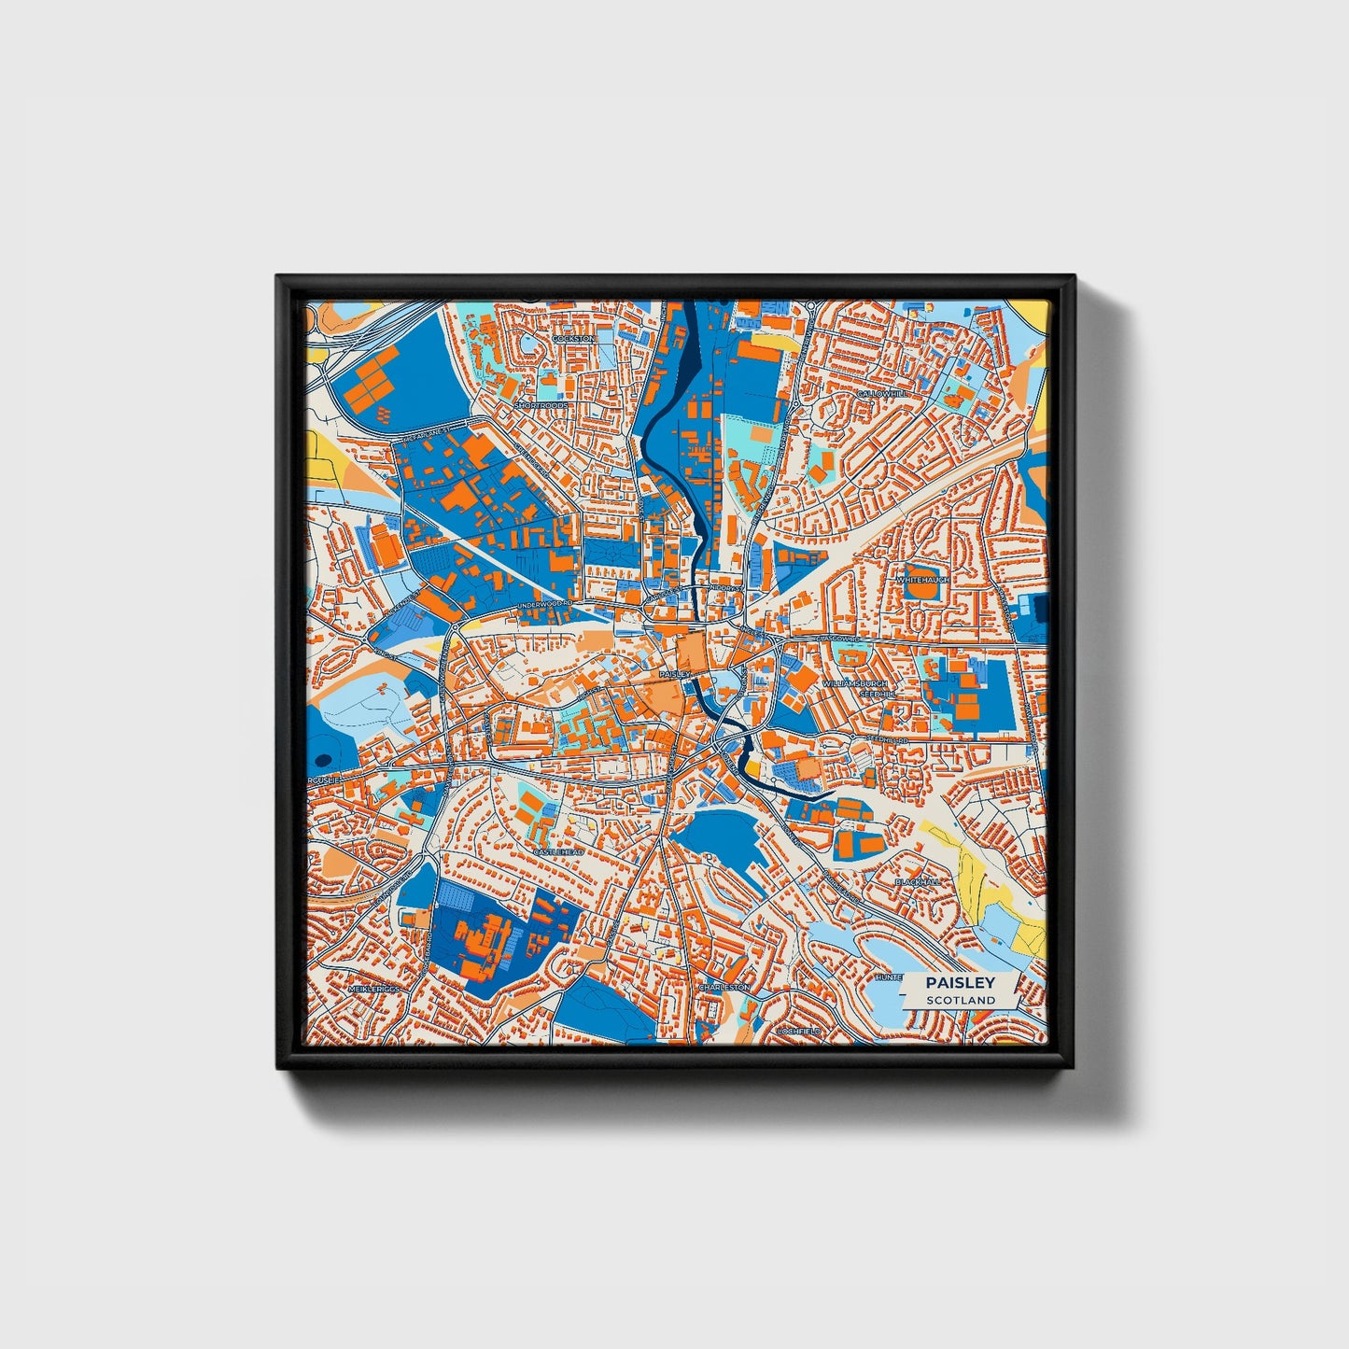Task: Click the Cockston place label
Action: point(573,339)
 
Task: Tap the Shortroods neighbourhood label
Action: point(541,406)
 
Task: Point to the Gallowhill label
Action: point(882,394)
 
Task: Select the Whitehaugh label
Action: point(922,580)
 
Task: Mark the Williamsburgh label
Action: point(855,684)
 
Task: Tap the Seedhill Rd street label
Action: point(886,738)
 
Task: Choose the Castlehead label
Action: point(558,852)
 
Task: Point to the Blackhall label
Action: point(917,881)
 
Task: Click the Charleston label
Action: point(724,987)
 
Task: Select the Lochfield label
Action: point(798,1032)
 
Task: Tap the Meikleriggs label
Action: point(373,988)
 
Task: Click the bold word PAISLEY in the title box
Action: point(961,982)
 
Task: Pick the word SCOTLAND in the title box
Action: point(961,1000)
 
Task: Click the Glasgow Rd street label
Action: point(836,639)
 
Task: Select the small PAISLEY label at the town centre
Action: point(674,673)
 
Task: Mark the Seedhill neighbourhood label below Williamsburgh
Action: point(877,695)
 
